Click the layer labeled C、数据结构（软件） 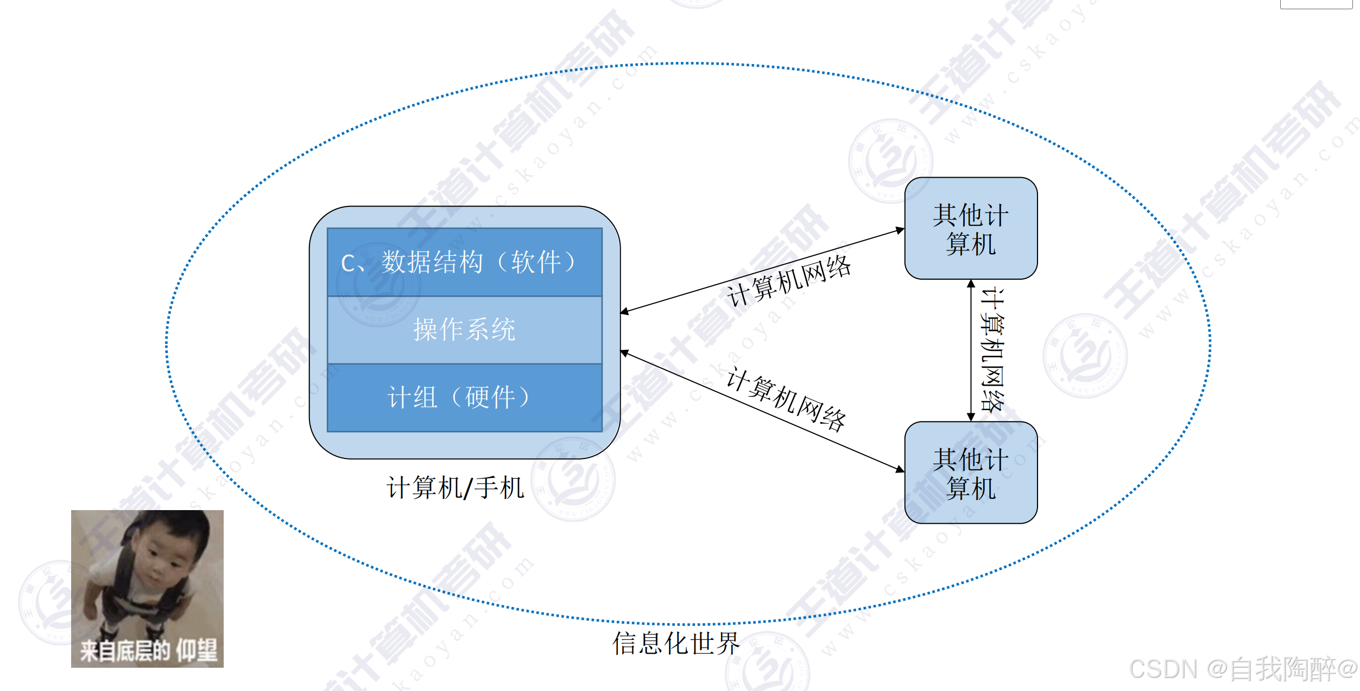(464, 262)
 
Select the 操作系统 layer (464, 330)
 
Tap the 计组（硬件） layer (464, 397)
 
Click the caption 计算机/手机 (455, 487)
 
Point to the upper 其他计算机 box (971, 229)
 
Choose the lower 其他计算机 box (971, 473)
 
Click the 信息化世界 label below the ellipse (676, 643)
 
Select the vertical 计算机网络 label (992, 350)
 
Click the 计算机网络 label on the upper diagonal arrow (789, 281)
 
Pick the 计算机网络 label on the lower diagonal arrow (786, 400)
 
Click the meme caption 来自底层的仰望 (148, 650)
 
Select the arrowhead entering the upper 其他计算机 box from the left (900, 230)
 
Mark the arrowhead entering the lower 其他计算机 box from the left (900, 469)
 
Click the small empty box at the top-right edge (1316, 4)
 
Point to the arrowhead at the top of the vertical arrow (971, 284)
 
